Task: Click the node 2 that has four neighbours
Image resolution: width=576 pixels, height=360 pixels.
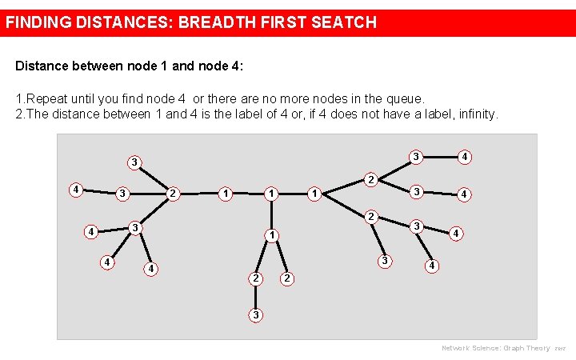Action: pyautogui.click(x=173, y=193)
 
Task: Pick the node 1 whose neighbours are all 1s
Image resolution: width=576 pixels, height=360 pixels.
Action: pyautogui.click(x=272, y=193)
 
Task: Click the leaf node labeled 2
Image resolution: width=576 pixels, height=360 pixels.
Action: pyautogui.click(x=287, y=278)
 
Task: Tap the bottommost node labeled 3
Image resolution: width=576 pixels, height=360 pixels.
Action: pyautogui.click(x=255, y=314)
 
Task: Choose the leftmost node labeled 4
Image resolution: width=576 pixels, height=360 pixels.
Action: pyautogui.click(x=74, y=190)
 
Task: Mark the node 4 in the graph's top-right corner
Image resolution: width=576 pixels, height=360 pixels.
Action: pyautogui.click(x=465, y=157)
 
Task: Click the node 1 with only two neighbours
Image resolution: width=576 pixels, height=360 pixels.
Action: pyautogui.click(x=226, y=193)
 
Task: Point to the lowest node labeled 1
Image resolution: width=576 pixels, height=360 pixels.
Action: pyautogui.click(x=272, y=235)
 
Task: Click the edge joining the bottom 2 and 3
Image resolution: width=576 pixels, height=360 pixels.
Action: pyautogui.click(x=255, y=297)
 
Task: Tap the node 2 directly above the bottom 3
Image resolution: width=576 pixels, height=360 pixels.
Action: pyautogui.click(x=254, y=278)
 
